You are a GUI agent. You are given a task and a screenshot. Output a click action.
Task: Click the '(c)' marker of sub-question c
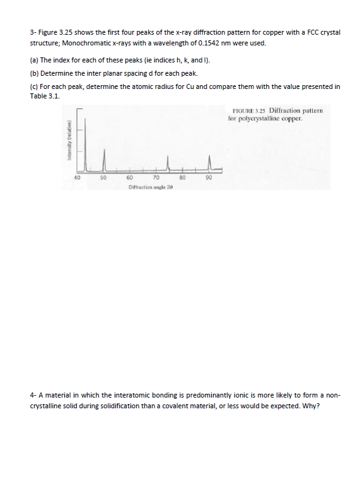coord(35,86)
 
